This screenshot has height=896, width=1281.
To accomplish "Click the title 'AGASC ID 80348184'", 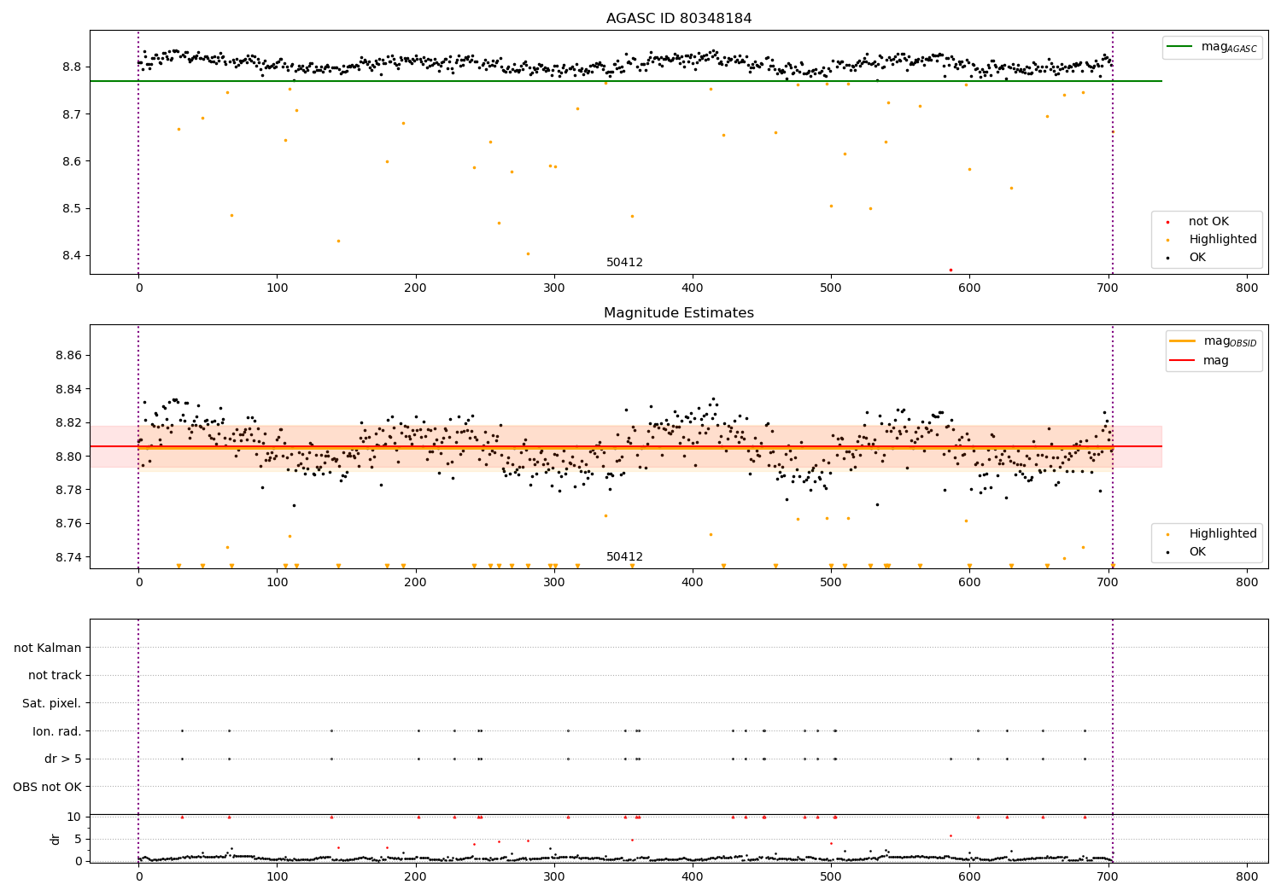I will click(679, 19).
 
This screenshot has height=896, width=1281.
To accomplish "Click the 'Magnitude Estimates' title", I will click(679, 313).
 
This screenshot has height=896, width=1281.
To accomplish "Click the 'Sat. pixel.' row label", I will click(52, 703).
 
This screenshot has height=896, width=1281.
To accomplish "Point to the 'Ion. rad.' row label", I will click(57, 731).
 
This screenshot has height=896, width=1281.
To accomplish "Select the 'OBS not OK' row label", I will click(48, 787).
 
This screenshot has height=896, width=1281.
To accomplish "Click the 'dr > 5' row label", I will click(63, 759).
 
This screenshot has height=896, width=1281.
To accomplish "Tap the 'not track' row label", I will click(55, 675).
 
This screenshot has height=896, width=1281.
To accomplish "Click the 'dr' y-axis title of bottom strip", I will click(56, 839).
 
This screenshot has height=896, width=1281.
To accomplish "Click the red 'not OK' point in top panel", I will click(951, 270).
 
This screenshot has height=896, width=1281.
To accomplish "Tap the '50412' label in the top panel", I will click(624, 262).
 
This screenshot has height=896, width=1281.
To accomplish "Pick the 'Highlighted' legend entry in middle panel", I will click(1222, 533).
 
